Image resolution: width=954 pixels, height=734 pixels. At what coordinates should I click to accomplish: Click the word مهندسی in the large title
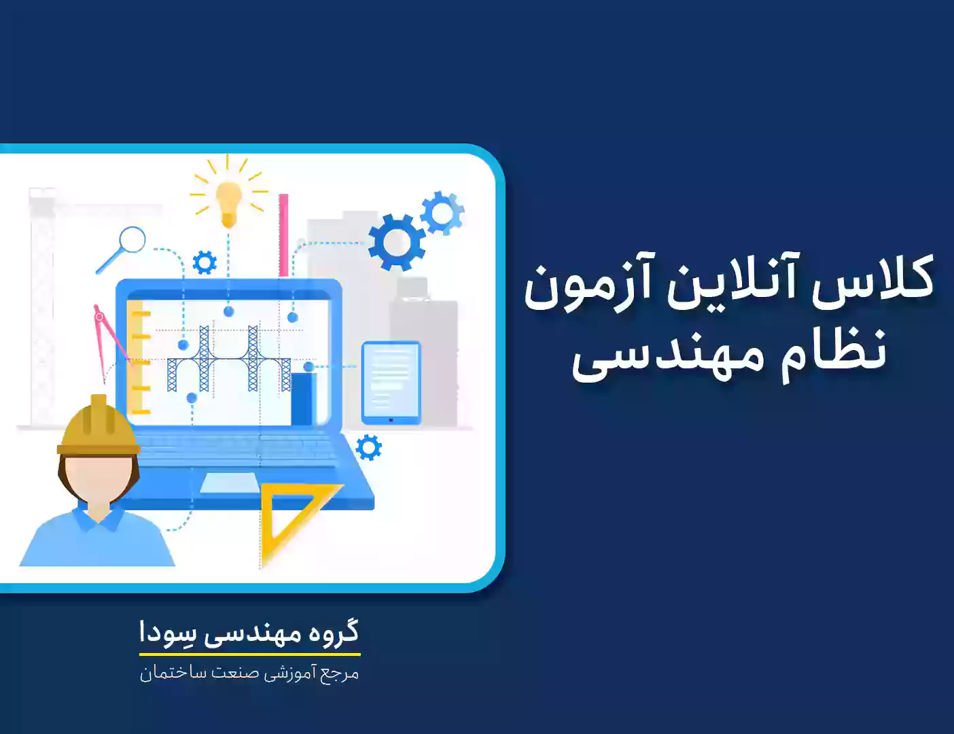tap(667, 355)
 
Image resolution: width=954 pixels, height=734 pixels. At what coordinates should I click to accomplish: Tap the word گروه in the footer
tap(332, 632)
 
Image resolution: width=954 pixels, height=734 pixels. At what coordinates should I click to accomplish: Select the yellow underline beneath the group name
tap(250, 654)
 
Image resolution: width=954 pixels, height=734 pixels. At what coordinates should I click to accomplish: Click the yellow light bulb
tap(229, 204)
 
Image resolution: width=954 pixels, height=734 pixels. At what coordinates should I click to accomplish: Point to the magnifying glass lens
tap(132, 240)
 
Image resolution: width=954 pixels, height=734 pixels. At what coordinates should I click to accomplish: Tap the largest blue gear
tap(396, 243)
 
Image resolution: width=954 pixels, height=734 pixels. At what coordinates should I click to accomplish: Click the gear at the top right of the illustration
tap(442, 213)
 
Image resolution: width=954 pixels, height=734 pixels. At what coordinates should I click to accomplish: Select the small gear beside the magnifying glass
tap(205, 262)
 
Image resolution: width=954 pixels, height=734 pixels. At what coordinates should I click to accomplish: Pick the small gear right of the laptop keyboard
tap(368, 447)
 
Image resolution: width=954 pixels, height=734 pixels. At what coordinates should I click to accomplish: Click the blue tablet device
tap(391, 383)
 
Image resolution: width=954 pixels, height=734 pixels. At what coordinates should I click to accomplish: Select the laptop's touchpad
tap(229, 483)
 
